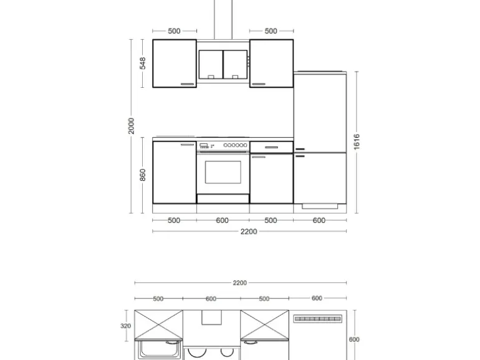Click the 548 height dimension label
point(142,63)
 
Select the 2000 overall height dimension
point(132,126)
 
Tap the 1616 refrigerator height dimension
point(357,142)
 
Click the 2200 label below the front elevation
point(249,232)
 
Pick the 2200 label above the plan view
point(239,283)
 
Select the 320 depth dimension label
point(126,326)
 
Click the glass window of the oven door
point(223,172)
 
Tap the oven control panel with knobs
point(223,146)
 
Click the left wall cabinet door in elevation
point(175,64)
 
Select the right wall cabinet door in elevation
point(271,64)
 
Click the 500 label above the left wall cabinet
point(174,31)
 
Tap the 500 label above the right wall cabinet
point(271,31)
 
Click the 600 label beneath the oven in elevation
point(223,220)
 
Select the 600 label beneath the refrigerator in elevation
point(319,220)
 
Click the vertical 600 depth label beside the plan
point(353,339)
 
